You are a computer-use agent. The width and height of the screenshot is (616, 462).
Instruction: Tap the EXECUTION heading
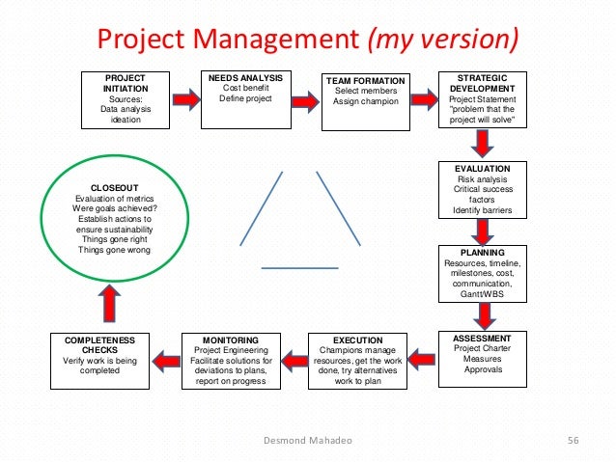coord(357,340)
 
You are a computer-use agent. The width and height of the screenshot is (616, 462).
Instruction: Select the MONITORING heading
coord(230,340)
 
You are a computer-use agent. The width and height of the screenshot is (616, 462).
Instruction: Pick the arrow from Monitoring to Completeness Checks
coord(165,359)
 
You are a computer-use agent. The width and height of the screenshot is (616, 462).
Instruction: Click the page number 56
coord(572,441)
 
